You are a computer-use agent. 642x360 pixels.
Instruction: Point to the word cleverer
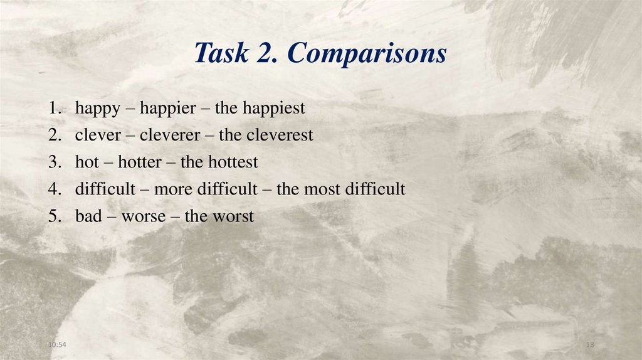point(170,135)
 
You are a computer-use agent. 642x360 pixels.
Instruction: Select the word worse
point(144,217)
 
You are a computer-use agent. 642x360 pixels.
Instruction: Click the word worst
point(233,217)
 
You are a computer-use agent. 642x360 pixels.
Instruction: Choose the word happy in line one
point(97,109)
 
